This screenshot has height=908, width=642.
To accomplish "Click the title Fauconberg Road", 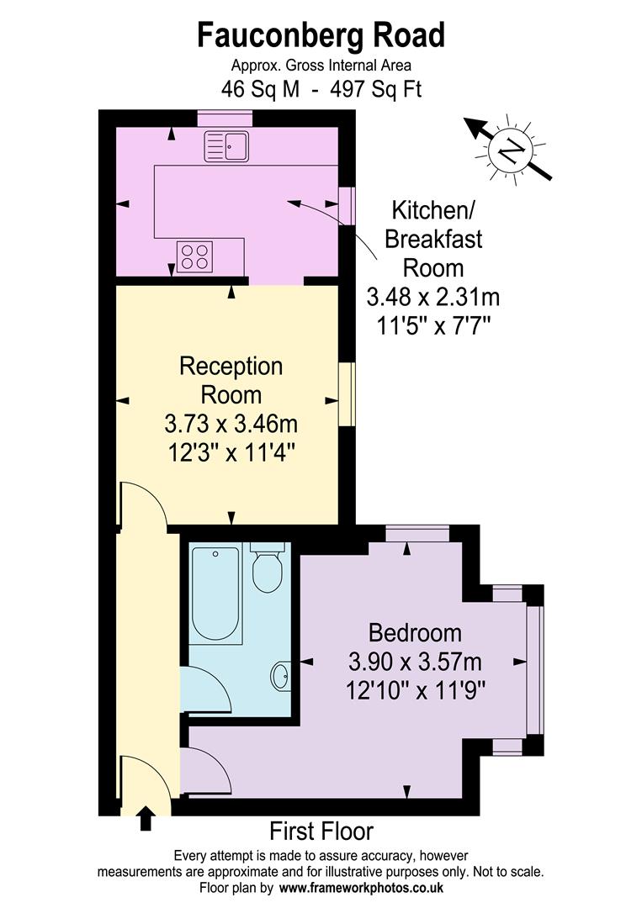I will coord(321,36).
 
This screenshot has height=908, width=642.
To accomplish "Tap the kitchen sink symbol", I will coord(225,147).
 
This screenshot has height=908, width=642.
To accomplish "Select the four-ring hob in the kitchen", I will coord(194,256).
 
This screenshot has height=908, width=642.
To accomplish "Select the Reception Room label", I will coord(231,380).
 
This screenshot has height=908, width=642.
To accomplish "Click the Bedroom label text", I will coord(416,632).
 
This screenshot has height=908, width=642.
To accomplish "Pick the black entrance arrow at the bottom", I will coord(146,817).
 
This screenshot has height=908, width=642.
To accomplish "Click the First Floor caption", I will coord(321,832).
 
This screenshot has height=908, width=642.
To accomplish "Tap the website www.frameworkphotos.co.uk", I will coord(362,888).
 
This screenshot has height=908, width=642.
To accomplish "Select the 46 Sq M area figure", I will coord(260,89).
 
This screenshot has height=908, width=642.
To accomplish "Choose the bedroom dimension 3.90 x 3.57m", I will coord(416,662).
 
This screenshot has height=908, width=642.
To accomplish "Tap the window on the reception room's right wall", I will coord(346,393).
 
